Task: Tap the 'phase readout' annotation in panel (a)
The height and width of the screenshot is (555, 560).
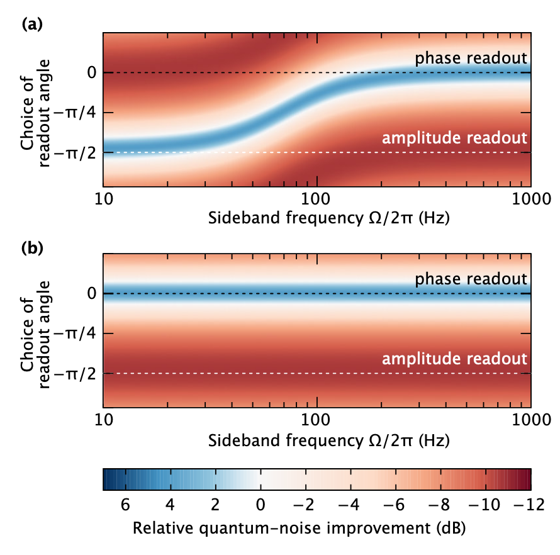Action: [470, 59]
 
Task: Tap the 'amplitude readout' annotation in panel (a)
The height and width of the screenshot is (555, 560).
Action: [454, 138]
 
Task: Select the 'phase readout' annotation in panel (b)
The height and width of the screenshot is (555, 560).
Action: [470, 279]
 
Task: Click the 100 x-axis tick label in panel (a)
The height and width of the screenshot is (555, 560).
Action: [316, 201]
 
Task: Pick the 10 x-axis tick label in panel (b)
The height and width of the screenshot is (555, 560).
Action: [103, 422]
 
